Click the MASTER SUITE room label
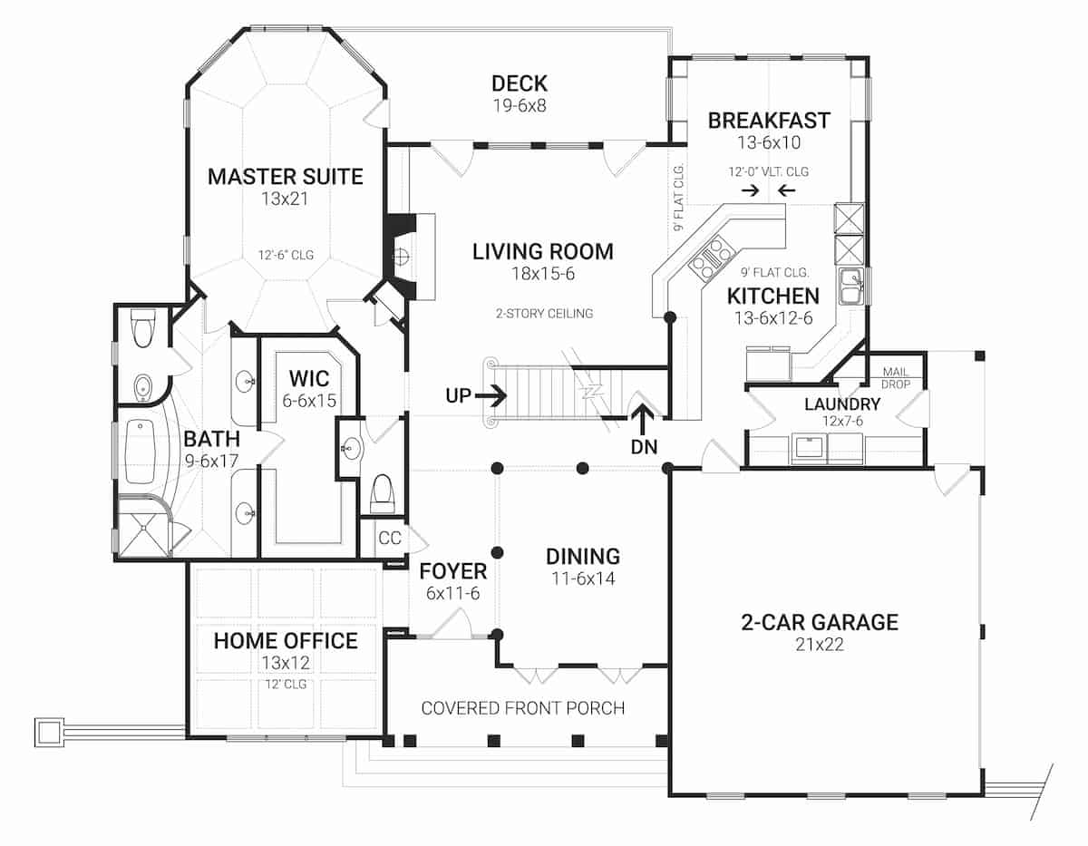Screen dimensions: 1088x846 pos(286,177)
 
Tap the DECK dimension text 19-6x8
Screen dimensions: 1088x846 pos(520,105)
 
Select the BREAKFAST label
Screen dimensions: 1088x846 pos(769,121)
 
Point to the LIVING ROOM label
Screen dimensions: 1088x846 pos(543,252)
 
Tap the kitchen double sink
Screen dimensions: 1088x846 pos(850,286)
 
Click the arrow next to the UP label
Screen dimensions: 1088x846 pos(491,396)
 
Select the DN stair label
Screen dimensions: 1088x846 pos(644,447)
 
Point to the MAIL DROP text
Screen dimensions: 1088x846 pos(896,378)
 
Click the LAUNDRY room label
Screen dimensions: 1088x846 pos(842,404)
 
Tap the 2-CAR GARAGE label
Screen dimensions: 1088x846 pos(820,622)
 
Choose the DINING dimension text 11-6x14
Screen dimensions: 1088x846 pos(583,579)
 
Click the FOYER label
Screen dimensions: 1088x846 pos(452,571)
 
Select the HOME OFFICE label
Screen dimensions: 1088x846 pos(286,641)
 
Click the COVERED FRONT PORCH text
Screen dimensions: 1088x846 pos(523,708)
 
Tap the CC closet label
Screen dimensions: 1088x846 pos(390,538)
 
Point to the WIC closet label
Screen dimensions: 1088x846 pos(309,378)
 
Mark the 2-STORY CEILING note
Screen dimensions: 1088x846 pos(544,314)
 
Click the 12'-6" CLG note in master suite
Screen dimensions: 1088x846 pos(286,256)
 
